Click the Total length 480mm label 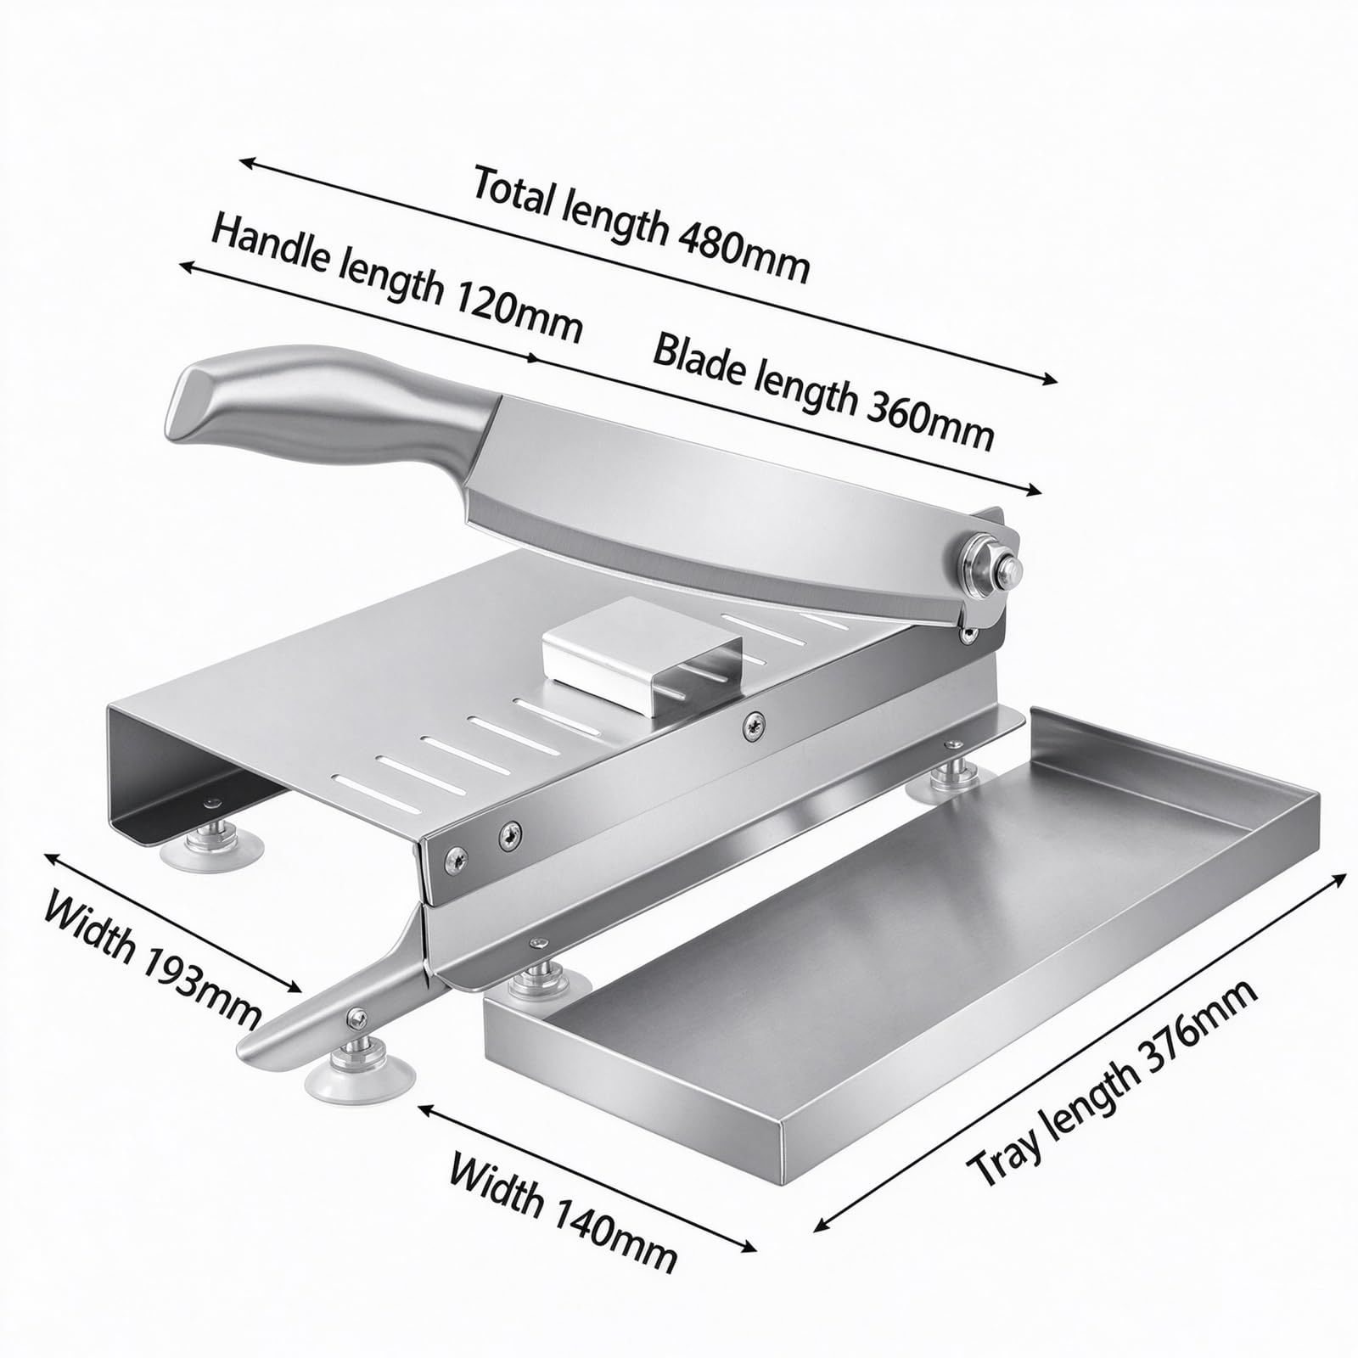(x=641, y=225)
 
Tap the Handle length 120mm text (x=396, y=278)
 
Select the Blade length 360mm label (x=822, y=391)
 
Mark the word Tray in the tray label (x=1002, y=1153)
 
